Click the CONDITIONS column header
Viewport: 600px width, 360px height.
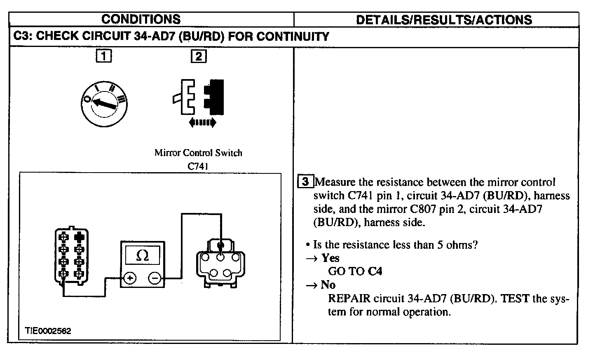141,19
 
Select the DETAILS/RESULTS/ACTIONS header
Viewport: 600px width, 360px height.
443,19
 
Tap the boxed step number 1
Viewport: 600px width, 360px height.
103,56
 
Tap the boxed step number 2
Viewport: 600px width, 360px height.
199,56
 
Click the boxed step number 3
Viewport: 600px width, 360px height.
305,182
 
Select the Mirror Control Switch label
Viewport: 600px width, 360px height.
198,153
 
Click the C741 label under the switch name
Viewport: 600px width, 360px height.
198,166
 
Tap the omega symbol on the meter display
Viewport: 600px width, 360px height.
142,256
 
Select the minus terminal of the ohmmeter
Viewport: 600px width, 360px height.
155,278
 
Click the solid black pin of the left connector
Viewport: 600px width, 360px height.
79,237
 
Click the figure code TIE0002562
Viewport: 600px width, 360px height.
48,331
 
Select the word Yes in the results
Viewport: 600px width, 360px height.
330,258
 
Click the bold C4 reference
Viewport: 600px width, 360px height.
375,271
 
